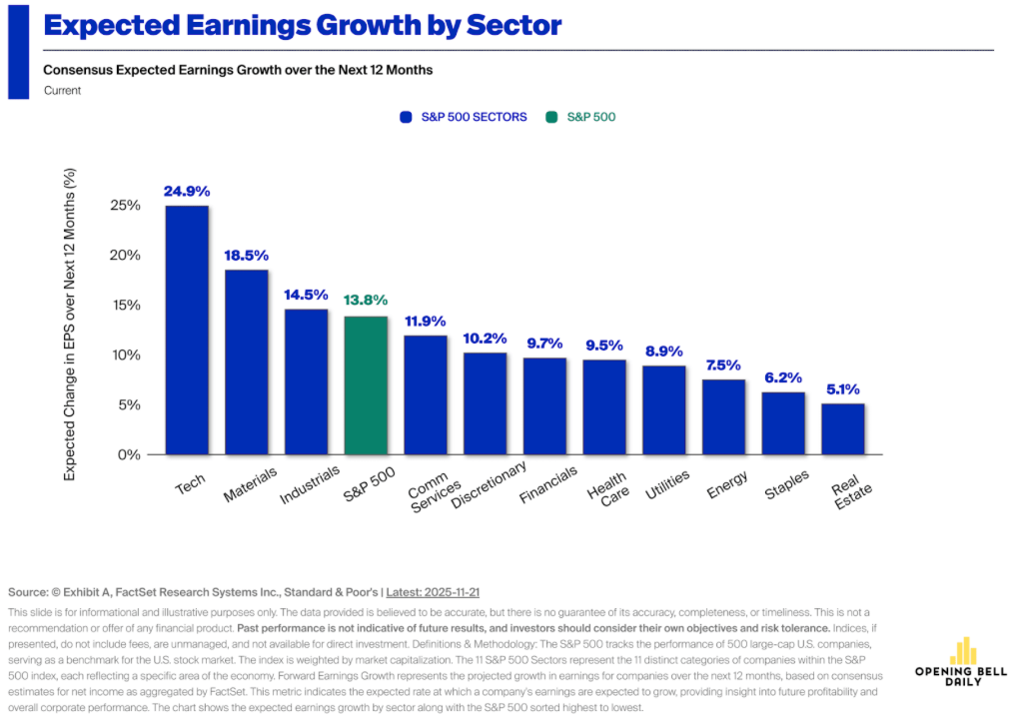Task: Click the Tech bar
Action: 187,330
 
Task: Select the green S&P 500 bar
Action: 366,384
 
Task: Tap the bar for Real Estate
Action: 843,428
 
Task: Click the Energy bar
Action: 723,416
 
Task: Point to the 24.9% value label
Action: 187,191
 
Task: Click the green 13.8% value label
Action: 366,301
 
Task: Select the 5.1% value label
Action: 843,389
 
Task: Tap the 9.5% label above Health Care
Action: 604,346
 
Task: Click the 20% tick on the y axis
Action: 126,256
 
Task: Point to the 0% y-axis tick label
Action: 130,455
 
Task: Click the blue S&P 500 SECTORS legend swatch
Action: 406,117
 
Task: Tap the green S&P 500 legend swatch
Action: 551,117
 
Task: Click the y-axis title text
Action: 70,325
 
